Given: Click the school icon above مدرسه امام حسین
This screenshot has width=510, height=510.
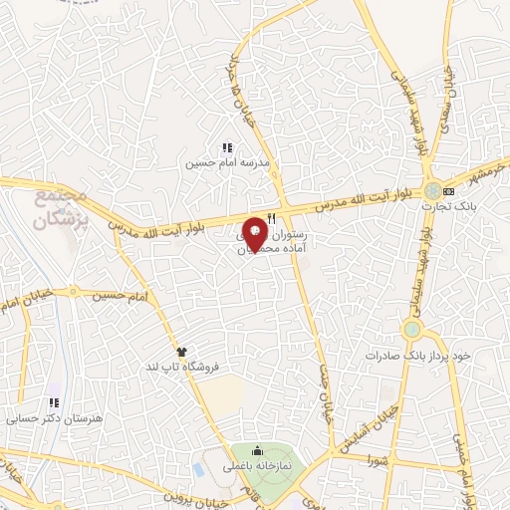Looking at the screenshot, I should pos(227,147).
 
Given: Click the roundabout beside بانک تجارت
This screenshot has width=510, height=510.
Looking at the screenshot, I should pos(431,190).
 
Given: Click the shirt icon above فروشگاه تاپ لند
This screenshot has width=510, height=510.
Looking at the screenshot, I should pos(181,352).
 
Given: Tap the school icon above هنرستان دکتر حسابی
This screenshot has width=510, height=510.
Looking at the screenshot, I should pos(55,403).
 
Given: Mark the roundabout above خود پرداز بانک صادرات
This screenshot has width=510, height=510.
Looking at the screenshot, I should pos(411,330).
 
